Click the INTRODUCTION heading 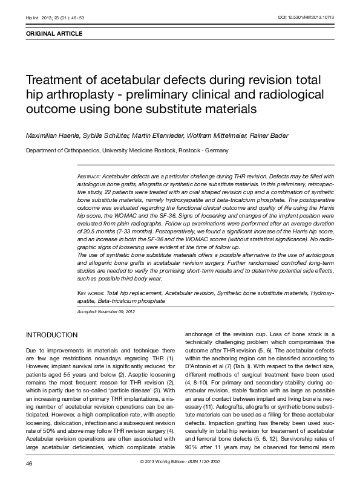click(x=51, y=335)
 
